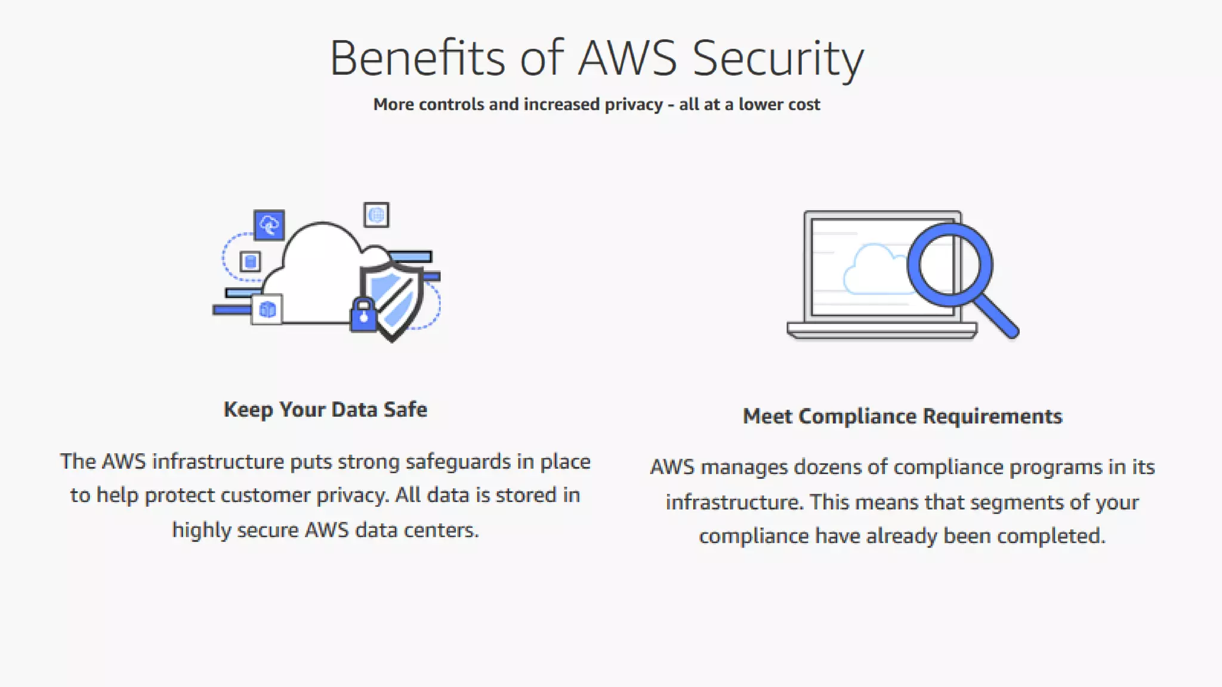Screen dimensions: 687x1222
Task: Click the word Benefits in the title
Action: point(417,58)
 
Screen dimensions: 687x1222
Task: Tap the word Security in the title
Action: point(777,58)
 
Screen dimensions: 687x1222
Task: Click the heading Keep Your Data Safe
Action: point(325,410)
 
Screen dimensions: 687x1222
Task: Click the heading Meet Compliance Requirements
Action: point(902,416)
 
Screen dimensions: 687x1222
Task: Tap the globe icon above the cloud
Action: point(377,215)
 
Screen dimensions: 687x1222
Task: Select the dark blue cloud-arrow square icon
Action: point(269,225)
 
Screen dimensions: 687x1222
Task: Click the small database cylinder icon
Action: point(251,261)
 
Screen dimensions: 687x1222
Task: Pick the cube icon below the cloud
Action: point(267,310)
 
